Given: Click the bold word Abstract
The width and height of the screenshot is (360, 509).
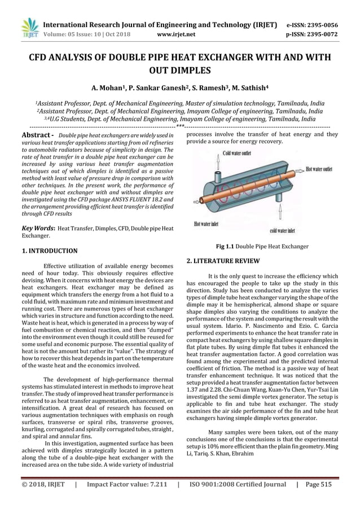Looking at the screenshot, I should [34, 136].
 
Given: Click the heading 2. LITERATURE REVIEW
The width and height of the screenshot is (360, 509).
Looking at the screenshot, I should [223, 261].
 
